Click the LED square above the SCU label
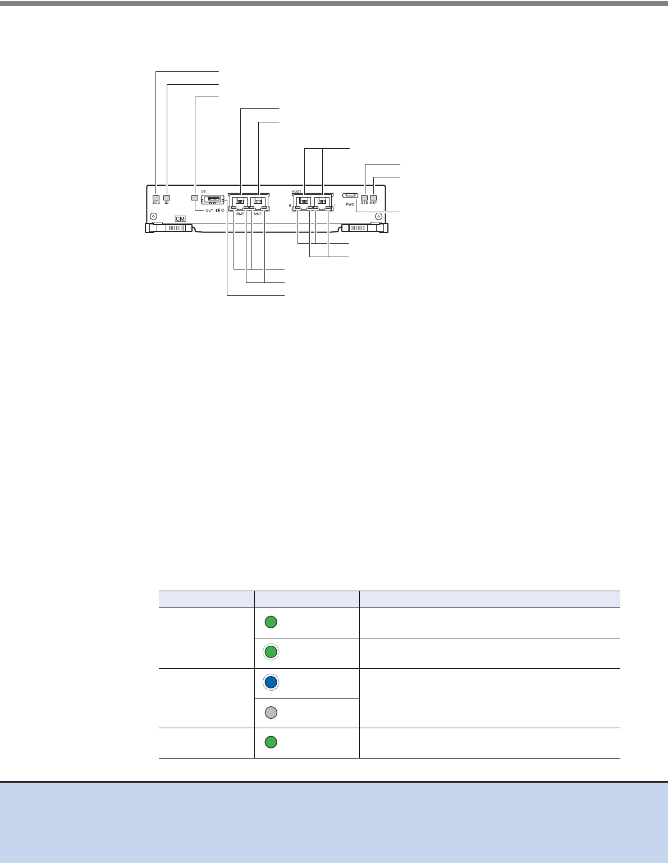point(156,198)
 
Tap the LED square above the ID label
point(167,198)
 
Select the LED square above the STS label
point(364,198)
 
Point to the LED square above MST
point(373,198)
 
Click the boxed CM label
point(180,218)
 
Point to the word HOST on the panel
point(297,191)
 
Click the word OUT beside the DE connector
point(209,211)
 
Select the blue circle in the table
point(271,682)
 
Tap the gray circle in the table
point(271,713)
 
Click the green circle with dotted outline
point(271,652)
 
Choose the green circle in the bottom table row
point(271,742)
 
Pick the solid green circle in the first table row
point(271,622)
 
